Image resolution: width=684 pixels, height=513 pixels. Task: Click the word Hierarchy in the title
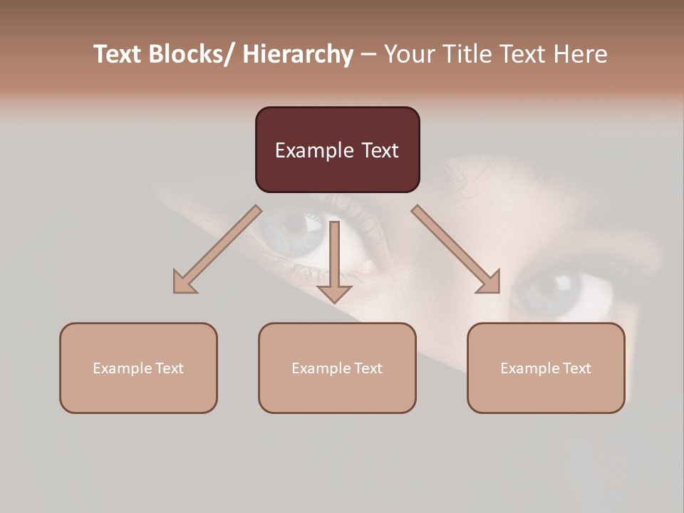298,54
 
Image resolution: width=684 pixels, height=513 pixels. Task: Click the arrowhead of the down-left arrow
184,283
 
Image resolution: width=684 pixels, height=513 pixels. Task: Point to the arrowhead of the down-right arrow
489,283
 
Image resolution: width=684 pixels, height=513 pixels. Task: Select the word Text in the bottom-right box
576,368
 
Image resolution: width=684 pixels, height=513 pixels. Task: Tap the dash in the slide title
368,55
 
